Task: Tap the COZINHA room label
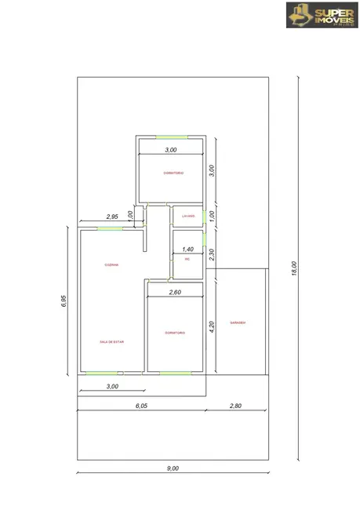click(x=112, y=264)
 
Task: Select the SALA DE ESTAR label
click(x=112, y=342)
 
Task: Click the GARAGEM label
click(x=238, y=322)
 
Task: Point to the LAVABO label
click(x=187, y=217)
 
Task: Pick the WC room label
click(x=187, y=258)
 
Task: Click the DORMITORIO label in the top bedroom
click(x=173, y=173)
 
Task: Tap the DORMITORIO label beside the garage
click(x=175, y=333)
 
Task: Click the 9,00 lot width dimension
click(x=173, y=468)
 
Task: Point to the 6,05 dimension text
click(x=141, y=406)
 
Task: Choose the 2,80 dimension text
click(x=236, y=406)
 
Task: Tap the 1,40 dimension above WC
click(x=188, y=249)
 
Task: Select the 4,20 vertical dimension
click(x=212, y=326)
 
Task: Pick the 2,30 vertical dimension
click(x=212, y=254)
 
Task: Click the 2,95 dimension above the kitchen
click(x=112, y=217)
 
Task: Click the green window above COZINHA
click(x=110, y=228)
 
